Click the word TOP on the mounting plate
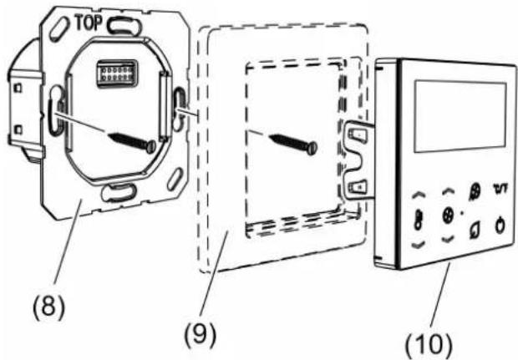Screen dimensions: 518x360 [89, 23]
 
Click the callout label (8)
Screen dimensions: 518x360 [49, 308]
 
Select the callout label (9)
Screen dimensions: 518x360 [201, 335]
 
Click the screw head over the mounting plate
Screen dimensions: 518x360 [151, 146]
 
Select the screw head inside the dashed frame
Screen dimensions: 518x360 [312, 148]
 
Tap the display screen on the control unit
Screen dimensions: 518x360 [460, 117]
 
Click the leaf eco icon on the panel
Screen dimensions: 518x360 [475, 229]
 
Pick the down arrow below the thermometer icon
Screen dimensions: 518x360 [418, 245]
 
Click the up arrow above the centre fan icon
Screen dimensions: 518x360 [449, 191]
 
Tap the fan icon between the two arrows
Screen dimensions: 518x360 [449, 215]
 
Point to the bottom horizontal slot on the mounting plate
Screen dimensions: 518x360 [119, 193]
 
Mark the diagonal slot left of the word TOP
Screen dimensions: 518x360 [59, 29]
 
